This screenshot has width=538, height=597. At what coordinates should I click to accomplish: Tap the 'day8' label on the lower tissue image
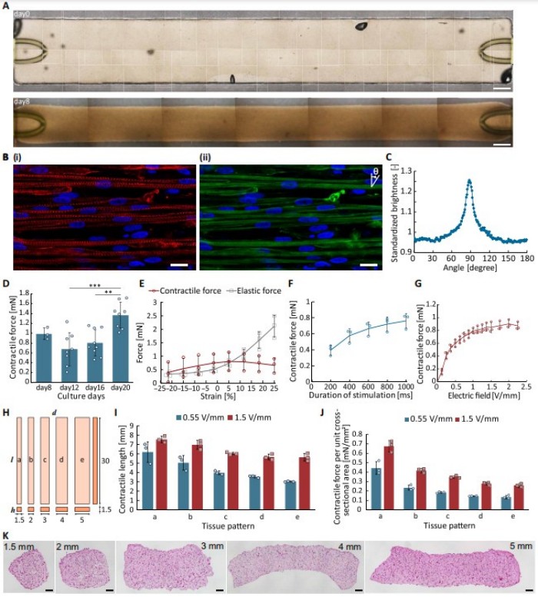(22, 101)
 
